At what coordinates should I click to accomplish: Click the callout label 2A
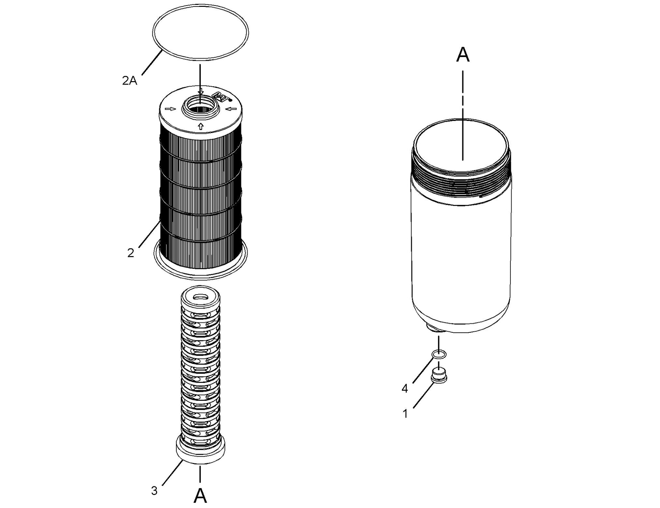130,81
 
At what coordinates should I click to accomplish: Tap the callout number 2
131,253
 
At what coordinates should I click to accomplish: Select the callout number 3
154,490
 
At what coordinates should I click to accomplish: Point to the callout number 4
405,389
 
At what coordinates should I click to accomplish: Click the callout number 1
405,414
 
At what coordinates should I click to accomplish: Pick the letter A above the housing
463,55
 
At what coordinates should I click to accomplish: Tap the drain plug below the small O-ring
439,375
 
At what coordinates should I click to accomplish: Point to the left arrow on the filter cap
170,109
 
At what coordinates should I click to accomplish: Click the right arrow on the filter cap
232,109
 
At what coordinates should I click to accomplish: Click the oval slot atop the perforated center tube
200,297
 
